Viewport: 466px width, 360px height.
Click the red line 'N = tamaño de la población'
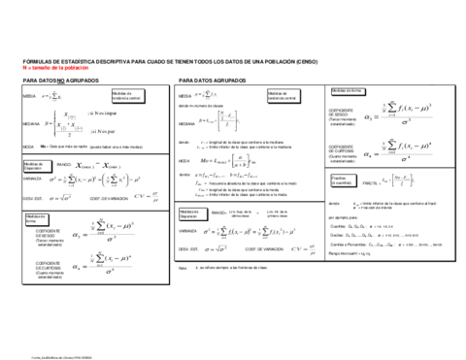pyautogui.click(x=48, y=69)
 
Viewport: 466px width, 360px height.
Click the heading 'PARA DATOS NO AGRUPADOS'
pyautogui.click(x=54, y=82)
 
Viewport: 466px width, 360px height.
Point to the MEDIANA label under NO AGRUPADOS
pyautogui.click(x=30, y=123)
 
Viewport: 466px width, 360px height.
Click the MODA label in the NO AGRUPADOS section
pyautogui.click(x=28, y=147)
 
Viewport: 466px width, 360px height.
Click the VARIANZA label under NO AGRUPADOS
pyautogui.click(x=30, y=180)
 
